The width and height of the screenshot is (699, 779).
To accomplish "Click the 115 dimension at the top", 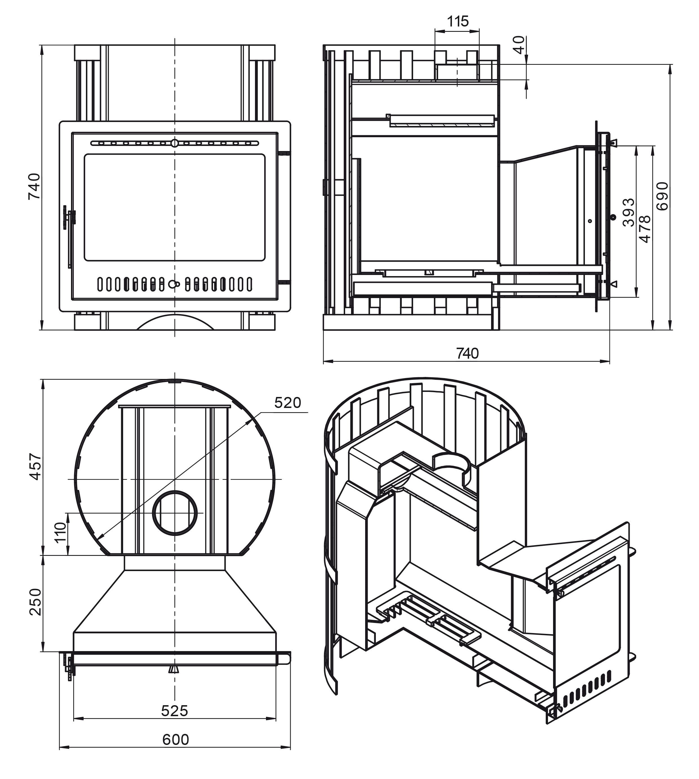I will click(458, 21).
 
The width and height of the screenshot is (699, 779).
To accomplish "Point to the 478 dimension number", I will click(645, 229).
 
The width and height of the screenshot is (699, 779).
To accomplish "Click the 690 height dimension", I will click(662, 196).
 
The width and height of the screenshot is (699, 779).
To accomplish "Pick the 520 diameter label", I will click(288, 403).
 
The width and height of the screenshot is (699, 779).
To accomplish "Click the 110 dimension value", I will click(61, 532).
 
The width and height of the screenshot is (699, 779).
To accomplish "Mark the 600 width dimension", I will click(176, 740).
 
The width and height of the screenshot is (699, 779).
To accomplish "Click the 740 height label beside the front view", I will click(34, 186).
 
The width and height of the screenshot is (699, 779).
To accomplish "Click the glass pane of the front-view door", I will click(175, 207).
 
